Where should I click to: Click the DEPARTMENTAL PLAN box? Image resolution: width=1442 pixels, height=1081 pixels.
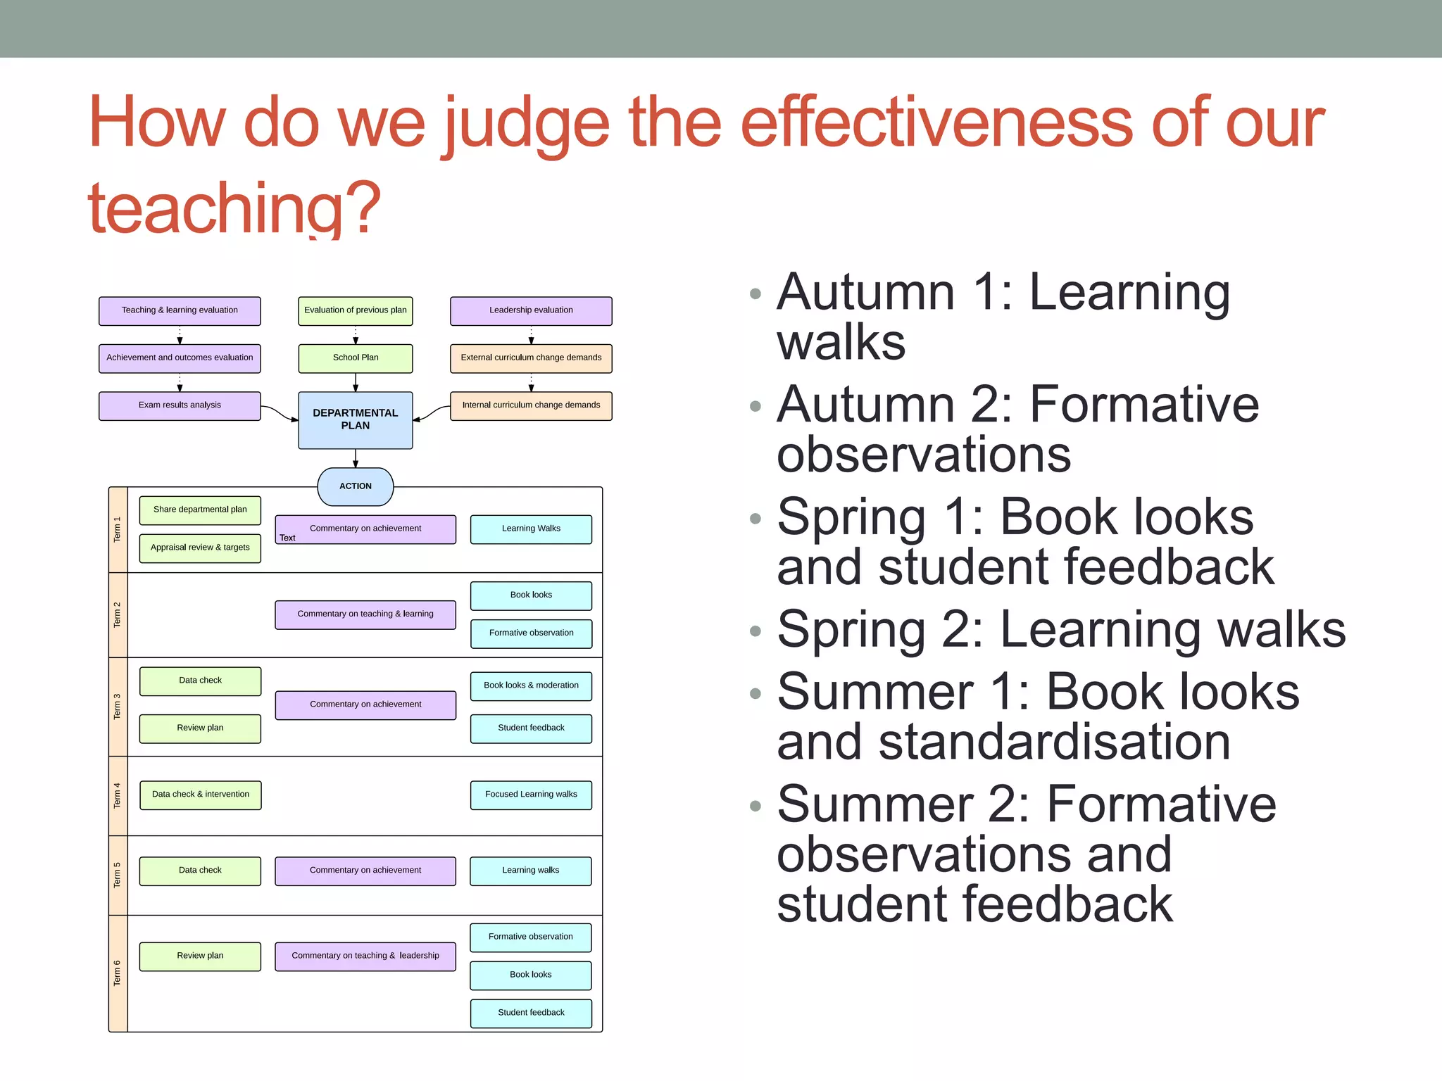point(355,419)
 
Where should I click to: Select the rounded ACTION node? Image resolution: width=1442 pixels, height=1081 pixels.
point(355,486)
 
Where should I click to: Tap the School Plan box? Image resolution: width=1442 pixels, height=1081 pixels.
point(355,358)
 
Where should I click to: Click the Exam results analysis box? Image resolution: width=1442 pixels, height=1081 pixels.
point(180,405)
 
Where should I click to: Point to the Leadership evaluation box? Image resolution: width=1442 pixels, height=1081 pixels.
point(531,310)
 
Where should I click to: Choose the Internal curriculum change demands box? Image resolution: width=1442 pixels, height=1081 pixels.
point(531,405)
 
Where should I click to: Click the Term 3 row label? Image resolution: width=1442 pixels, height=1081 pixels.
point(118,707)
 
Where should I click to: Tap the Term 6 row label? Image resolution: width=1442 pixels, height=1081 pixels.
point(118,973)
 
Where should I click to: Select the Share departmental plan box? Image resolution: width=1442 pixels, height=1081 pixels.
point(200,510)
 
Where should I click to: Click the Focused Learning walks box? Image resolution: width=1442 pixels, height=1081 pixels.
point(531,795)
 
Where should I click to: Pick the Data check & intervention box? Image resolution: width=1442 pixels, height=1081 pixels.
point(200,795)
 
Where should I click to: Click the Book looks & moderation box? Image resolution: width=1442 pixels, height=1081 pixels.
point(531,685)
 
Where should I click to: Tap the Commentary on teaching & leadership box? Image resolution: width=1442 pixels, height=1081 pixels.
point(365,956)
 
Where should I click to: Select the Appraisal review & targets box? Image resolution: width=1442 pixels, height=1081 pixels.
point(200,548)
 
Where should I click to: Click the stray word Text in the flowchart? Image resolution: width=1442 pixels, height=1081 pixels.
point(287,538)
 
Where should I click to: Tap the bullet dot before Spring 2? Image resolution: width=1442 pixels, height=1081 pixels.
point(756,631)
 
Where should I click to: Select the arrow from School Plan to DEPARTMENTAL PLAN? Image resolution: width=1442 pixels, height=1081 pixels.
point(356,382)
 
